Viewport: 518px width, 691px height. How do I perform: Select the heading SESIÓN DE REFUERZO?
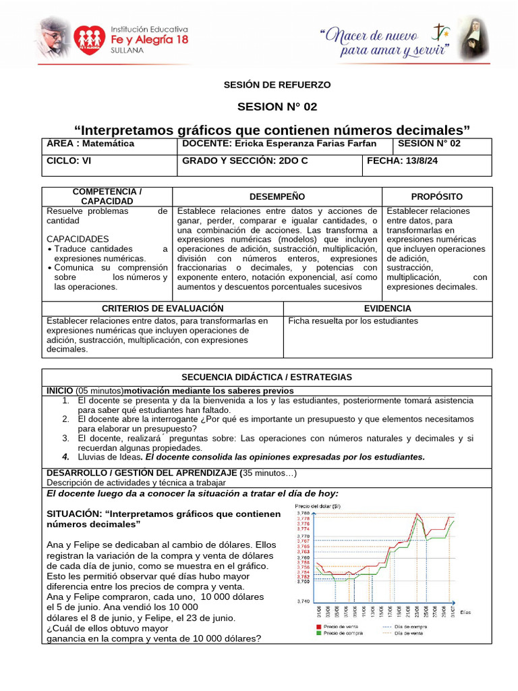pyautogui.click(x=277, y=84)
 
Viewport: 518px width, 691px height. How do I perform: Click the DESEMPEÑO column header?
pyautogui.click(x=277, y=196)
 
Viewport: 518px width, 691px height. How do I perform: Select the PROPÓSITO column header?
pyautogui.click(x=436, y=196)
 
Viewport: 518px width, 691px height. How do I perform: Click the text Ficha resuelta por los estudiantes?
pyautogui.click(x=353, y=321)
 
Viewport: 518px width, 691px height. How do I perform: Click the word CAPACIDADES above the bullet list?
pyautogui.click(x=78, y=239)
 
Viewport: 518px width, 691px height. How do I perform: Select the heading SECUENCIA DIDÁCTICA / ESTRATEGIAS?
pyautogui.click(x=266, y=377)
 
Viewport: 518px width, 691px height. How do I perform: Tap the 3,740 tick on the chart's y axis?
pyautogui.click(x=304, y=601)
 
